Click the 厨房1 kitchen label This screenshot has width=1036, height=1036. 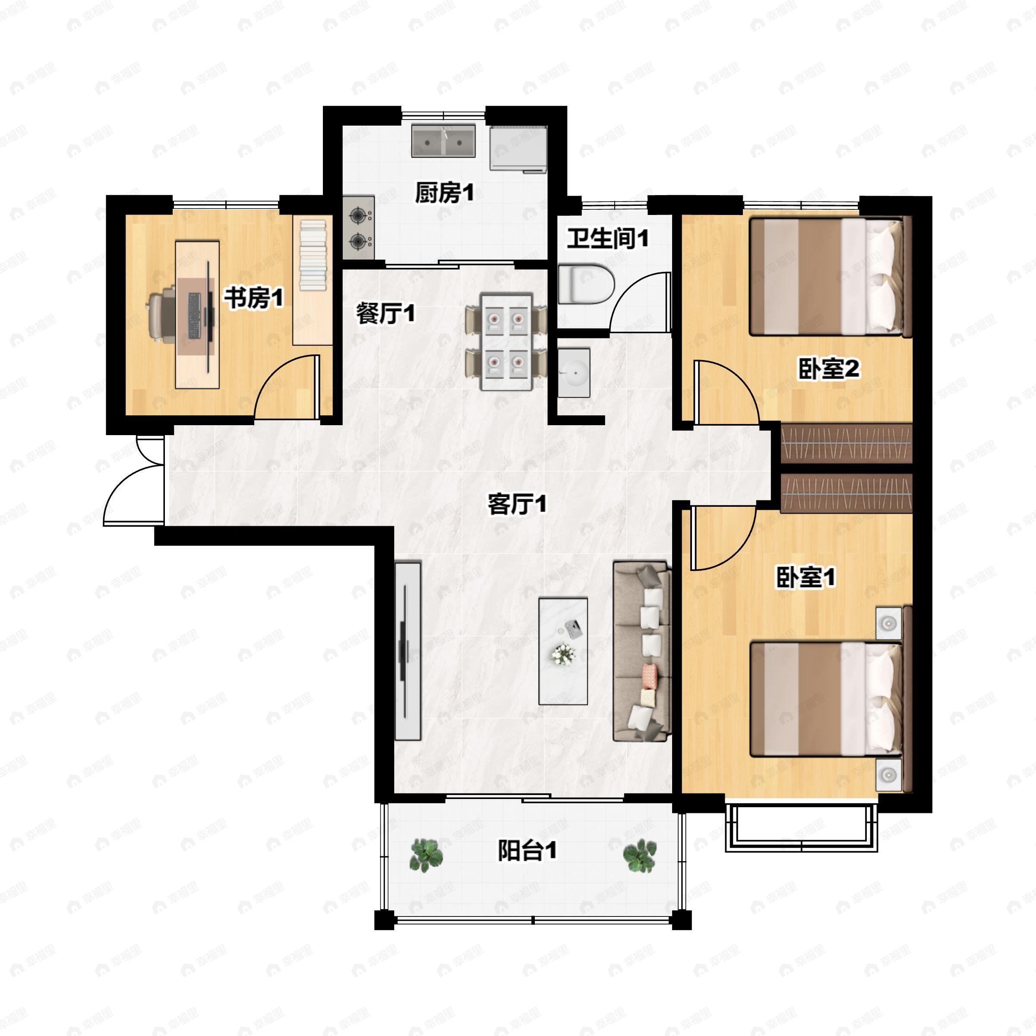pyautogui.click(x=445, y=193)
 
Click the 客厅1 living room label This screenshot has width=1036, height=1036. pyautogui.click(x=517, y=504)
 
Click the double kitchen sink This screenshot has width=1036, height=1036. pyautogui.click(x=443, y=141)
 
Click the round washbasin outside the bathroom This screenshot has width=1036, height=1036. pyautogui.click(x=574, y=372)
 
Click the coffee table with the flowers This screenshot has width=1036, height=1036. pyautogui.click(x=563, y=651)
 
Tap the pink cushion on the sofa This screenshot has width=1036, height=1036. pyautogui.click(x=649, y=677)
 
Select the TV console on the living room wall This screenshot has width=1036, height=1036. pyautogui.click(x=407, y=651)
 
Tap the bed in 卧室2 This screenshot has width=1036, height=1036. pyautogui.click(x=831, y=277)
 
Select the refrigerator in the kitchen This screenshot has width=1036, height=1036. pyautogui.click(x=518, y=148)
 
